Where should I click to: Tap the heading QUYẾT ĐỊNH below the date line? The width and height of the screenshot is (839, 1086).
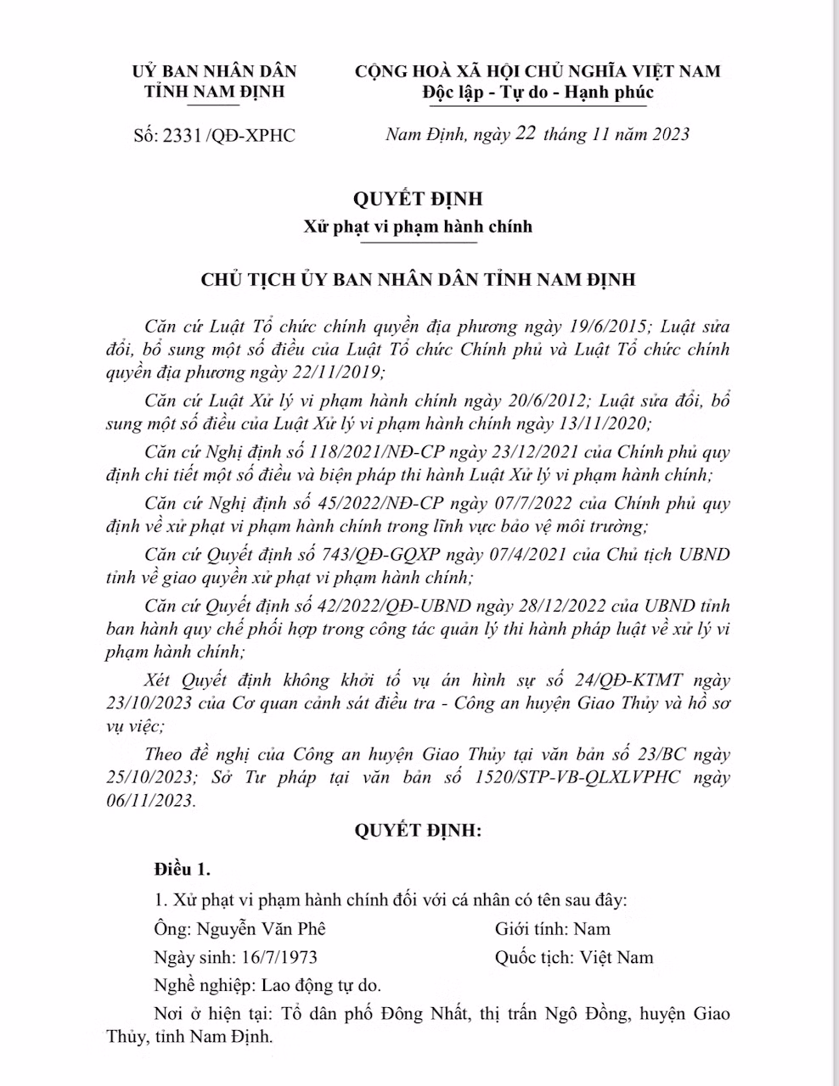(x=419, y=199)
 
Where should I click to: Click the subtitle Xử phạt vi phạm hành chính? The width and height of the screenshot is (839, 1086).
(x=419, y=227)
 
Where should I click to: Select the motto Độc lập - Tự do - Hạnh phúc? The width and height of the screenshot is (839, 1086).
(x=538, y=92)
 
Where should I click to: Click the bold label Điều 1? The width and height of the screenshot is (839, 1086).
(x=182, y=870)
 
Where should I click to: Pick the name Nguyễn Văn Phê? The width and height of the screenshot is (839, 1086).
(x=261, y=928)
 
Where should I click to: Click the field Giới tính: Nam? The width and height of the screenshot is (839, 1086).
(x=553, y=928)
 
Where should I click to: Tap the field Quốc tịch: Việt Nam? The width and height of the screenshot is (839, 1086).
(x=574, y=957)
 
